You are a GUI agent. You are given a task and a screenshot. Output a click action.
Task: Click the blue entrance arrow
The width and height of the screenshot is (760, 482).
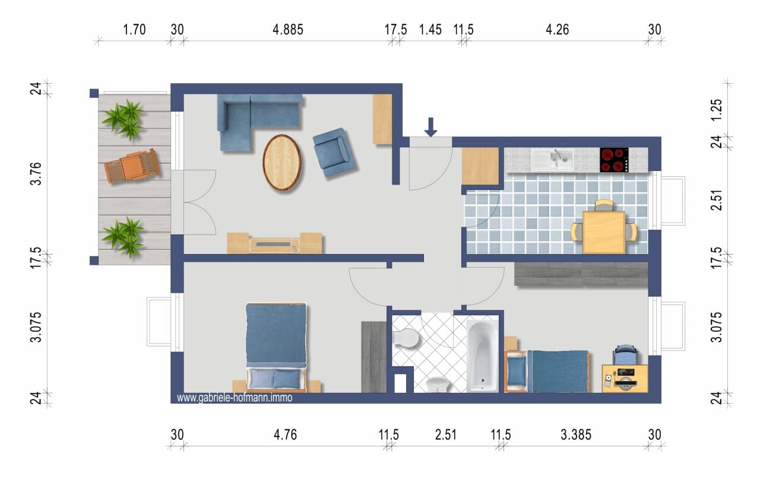(430, 127)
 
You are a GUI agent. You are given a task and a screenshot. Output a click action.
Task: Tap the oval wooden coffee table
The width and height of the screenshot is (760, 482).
(282, 162)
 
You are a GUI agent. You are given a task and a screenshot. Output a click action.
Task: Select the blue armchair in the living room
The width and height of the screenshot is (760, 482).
(334, 153)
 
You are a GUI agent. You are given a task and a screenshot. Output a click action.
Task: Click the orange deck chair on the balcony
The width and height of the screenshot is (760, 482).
(132, 166)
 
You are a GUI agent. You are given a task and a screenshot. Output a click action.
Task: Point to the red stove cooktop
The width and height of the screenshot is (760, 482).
(614, 160)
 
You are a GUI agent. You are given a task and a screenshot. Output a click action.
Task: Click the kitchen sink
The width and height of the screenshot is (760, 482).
(552, 160)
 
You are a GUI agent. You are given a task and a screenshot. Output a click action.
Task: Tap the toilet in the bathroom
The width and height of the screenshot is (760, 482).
(406, 338)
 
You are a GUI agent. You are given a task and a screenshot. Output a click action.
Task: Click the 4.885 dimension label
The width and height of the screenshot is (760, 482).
(288, 30)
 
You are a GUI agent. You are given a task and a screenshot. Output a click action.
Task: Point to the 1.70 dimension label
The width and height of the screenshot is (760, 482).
(134, 30)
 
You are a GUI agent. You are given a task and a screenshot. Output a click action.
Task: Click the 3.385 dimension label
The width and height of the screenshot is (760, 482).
(576, 435)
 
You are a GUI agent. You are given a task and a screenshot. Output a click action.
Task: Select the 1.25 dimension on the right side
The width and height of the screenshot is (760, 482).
(717, 110)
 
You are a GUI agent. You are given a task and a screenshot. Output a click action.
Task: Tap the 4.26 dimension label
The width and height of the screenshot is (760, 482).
(558, 30)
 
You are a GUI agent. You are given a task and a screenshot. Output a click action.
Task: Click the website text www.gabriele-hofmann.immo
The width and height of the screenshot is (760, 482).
(235, 398)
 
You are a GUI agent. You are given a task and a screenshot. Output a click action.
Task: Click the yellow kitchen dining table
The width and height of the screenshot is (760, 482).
(604, 232)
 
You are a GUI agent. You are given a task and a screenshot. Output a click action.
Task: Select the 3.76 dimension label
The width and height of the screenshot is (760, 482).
(36, 174)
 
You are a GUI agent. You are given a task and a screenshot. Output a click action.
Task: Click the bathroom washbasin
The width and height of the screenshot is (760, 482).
(438, 384)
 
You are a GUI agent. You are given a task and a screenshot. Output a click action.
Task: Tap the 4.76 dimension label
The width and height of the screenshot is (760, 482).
(286, 435)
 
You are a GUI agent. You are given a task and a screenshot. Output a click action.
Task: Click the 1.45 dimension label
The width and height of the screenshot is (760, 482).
(430, 30)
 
